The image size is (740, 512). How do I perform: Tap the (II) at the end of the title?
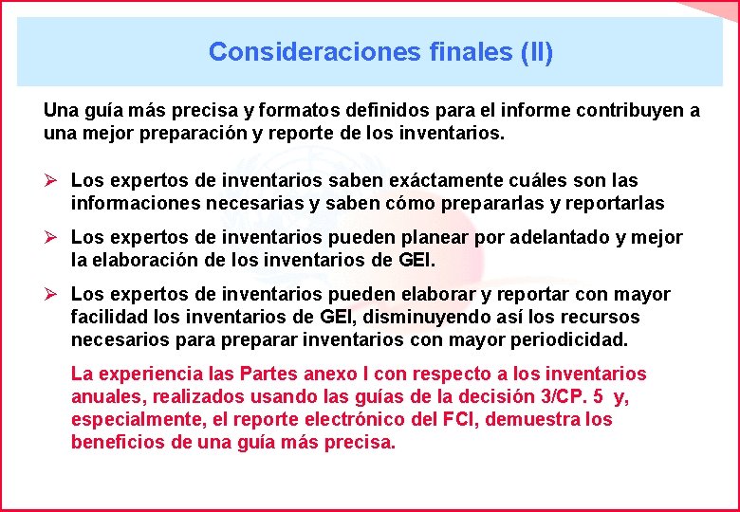536,51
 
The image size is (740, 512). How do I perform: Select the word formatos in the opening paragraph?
266,111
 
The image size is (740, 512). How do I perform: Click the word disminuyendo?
422,317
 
